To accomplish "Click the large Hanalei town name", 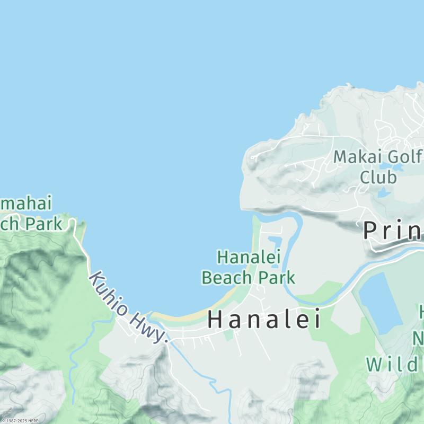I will [264, 319].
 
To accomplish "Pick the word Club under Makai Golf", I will [378, 176].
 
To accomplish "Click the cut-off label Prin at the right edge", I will [392, 231].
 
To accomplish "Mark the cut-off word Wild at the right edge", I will [394, 365].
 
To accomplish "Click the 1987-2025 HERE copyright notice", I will [20, 421].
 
